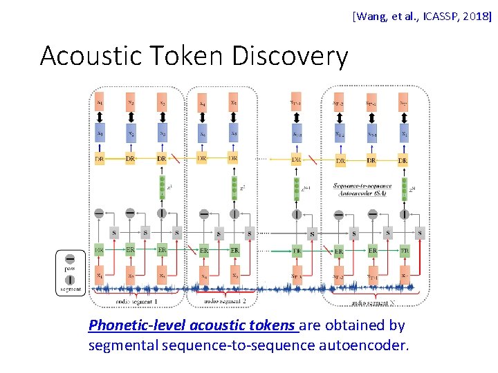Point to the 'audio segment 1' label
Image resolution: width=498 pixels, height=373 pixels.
coord(137,302)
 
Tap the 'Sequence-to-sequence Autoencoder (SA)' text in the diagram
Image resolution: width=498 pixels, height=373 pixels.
coord(362,189)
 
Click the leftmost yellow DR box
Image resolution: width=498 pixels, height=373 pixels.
coord(100,159)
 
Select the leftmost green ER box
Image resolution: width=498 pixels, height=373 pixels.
coord(100,249)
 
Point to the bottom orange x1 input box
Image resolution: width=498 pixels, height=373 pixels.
coord(100,275)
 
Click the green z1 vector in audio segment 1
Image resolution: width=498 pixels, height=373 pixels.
coord(162,189)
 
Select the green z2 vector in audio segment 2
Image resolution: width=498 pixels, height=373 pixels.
coord(234,189)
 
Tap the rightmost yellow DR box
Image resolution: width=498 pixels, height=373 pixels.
coord(403,160)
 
